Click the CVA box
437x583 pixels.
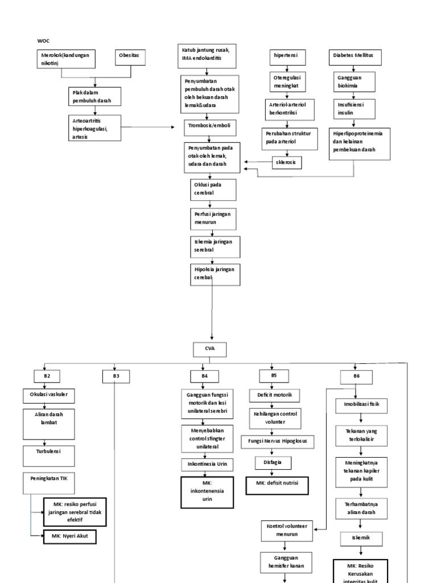pos(210,348)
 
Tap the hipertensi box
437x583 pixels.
pos(287,57)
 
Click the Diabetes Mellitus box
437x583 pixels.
pos(355,57)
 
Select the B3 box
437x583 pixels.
pos(116,376)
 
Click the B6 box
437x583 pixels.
pos(356,376)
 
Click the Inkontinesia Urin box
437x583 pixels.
pos(207,464)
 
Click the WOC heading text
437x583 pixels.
pos(43,42)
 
